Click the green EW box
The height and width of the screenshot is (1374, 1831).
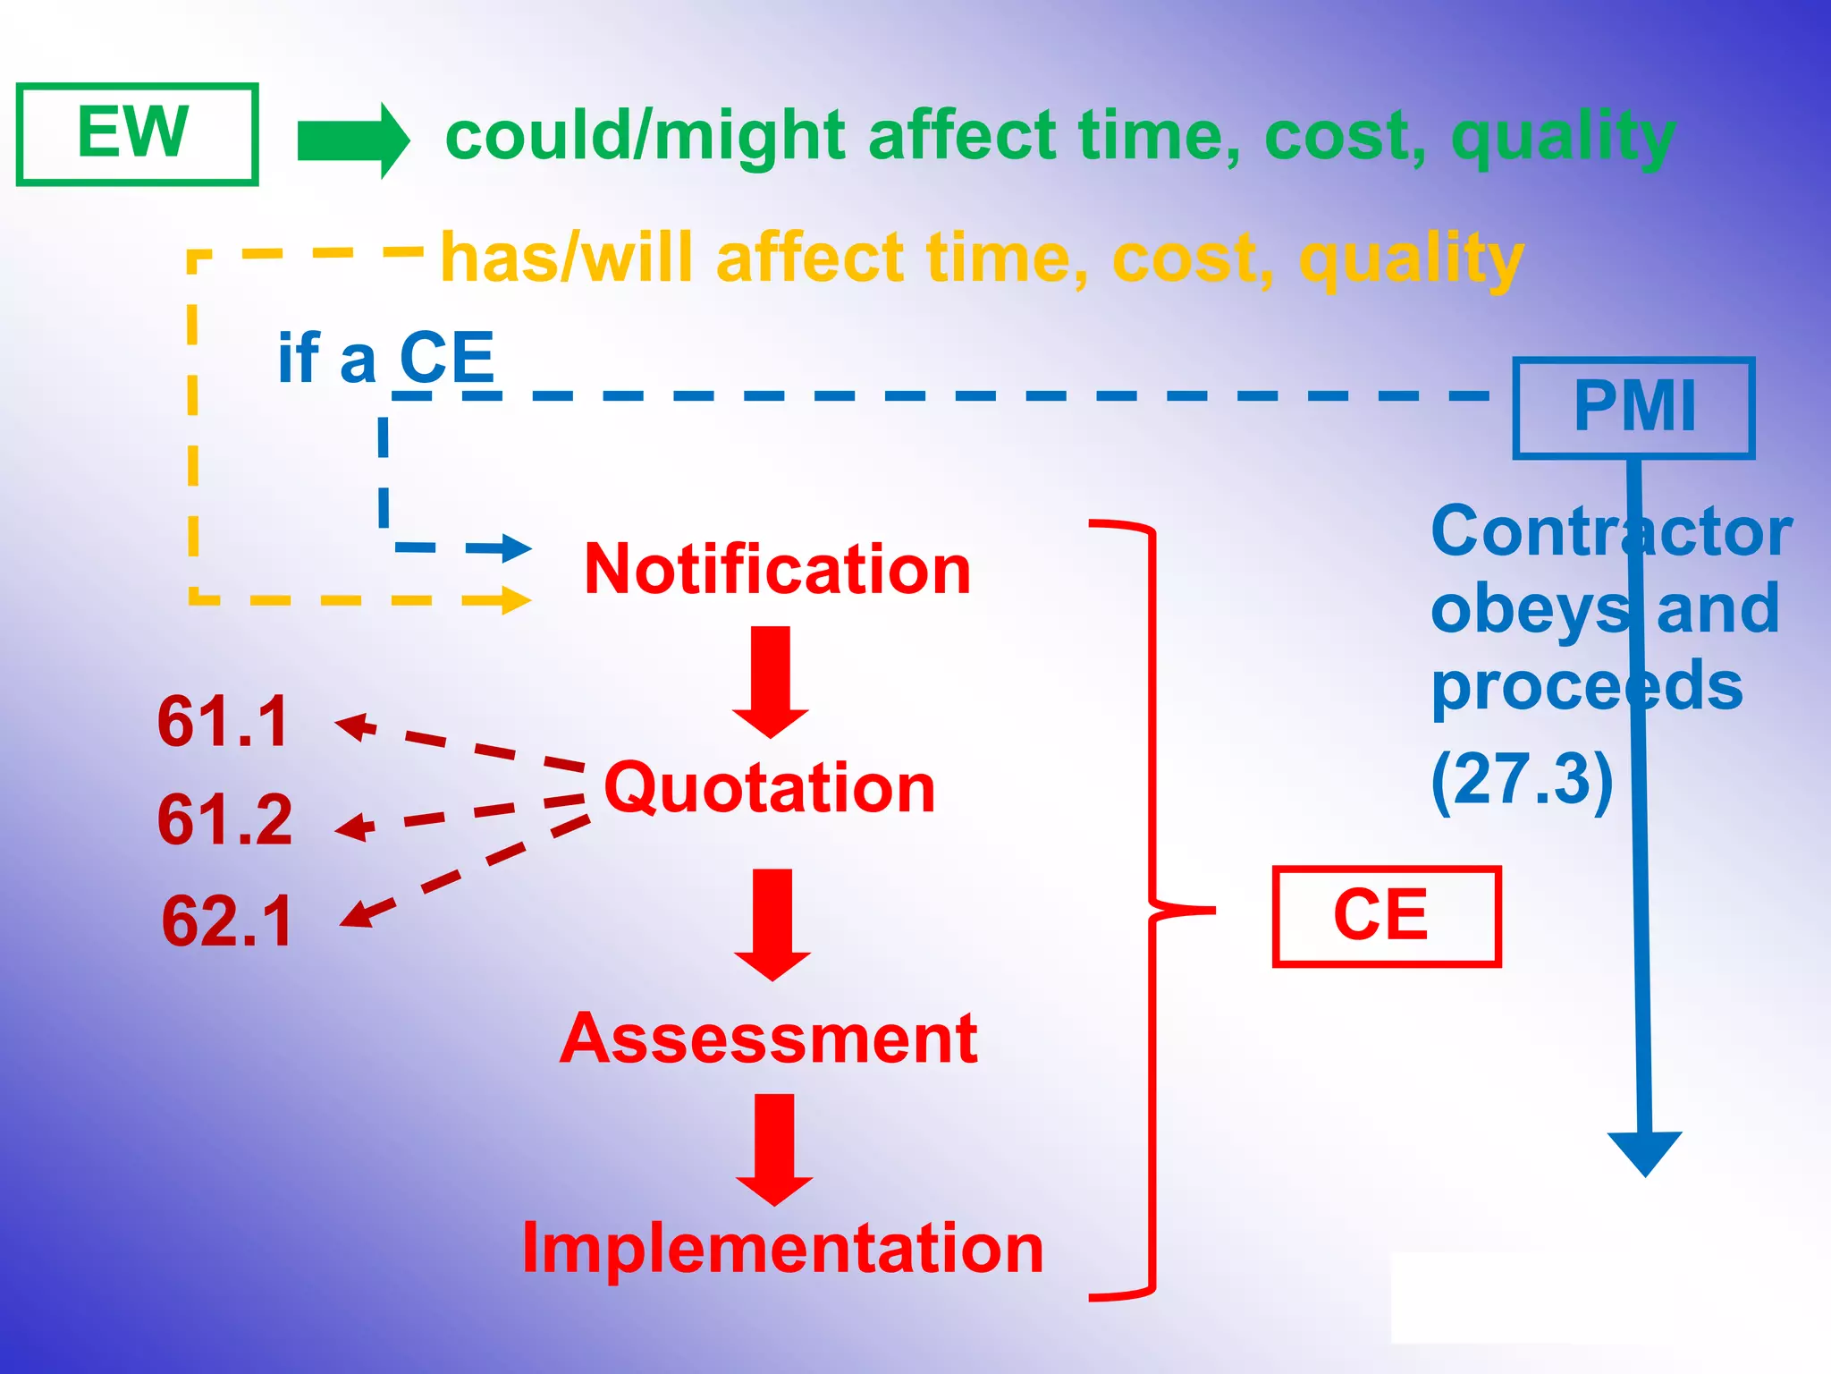tap(137, 134)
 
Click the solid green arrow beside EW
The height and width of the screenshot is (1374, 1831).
tap(352, 140)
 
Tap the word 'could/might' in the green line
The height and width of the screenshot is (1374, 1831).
tap(645, 137)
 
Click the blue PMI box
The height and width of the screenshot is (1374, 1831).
tap(1633, 408)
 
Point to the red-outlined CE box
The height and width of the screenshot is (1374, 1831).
tap(1385, 916)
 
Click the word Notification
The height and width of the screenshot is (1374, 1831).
tap(777, 570)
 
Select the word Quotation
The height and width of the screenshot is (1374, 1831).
tap(769, 788)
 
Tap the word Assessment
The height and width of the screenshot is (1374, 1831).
tap(769, 1039)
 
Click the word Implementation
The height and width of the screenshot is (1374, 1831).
tap(782, 1249)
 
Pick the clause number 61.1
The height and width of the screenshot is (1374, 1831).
tap(223, 722)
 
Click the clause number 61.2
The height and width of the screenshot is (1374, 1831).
tap(224, 819)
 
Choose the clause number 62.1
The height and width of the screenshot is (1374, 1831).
tap(227, 921)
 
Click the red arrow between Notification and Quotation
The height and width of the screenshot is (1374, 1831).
tap(771, 681)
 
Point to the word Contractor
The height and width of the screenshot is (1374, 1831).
tap(1610, 532)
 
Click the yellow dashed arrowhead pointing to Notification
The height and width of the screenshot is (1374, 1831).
tap(515, 600)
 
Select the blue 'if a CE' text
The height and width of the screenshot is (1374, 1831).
tap(385, 358)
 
